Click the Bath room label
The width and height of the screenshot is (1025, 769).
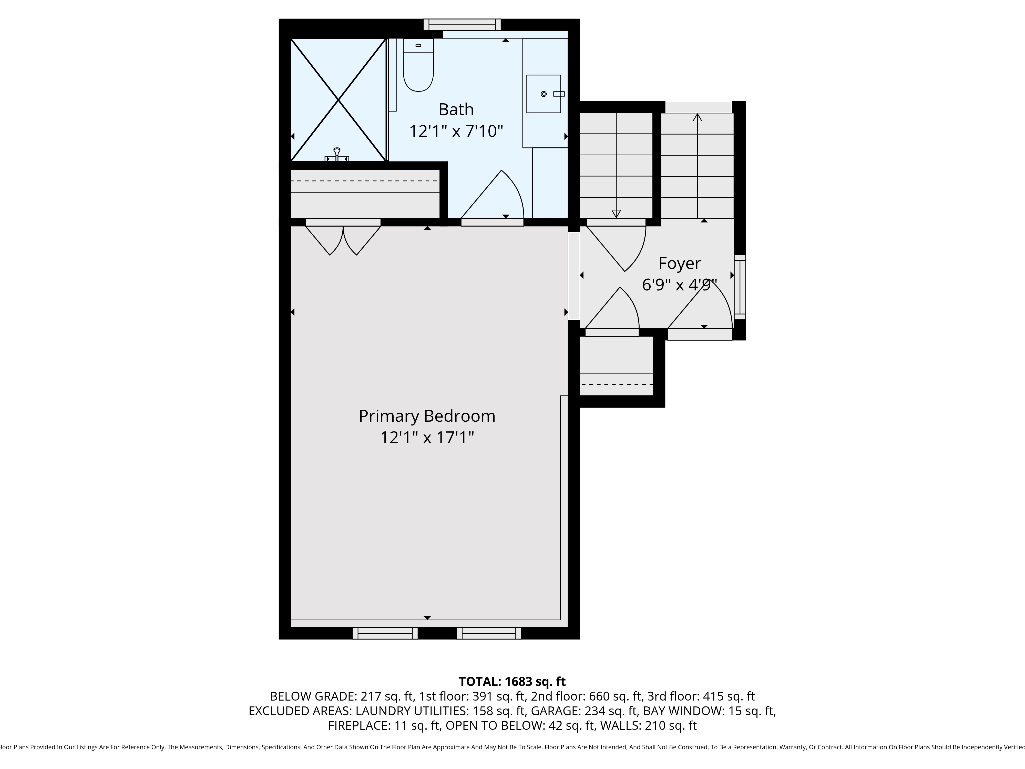[x=456, y=109]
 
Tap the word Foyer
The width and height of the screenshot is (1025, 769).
[x=679, y=263]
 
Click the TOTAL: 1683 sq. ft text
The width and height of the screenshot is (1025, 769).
[x=512, y=681]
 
